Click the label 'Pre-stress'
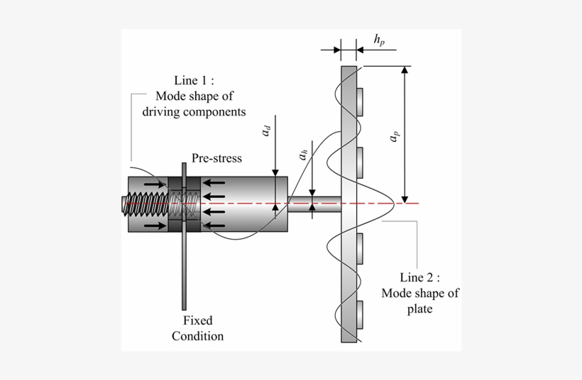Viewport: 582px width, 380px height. pyautogui.click(x=216, y=158)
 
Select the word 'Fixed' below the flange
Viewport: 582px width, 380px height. pyautogui.click(x=197, y=321)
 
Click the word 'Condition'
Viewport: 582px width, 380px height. pyautogui.click(x=197, y=335)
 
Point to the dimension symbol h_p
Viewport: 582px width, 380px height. pyautogui.click(x=380, y=40)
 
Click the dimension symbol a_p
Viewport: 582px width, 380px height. pyautogui.click(x=392, y=137)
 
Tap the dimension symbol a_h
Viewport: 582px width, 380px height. pyautogui.click(x=303, y=154)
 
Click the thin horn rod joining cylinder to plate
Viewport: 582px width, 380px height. pyautogui.click(x=314, y=205)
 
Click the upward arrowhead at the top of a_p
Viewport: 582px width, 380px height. pyautogui.click(x=405, y=72)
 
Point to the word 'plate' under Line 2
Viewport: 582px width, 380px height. pyautogui.click(x=420, y=308)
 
